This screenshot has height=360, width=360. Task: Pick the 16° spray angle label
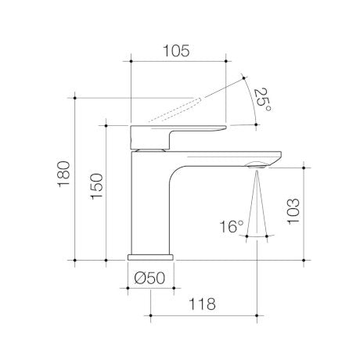click(232, 227)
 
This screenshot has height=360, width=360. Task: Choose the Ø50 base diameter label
click(149, 277)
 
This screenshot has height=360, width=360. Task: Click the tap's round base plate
click(150, 256)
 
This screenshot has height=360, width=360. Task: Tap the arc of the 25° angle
click(252, 102)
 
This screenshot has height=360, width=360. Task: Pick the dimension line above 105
click(178, 61)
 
